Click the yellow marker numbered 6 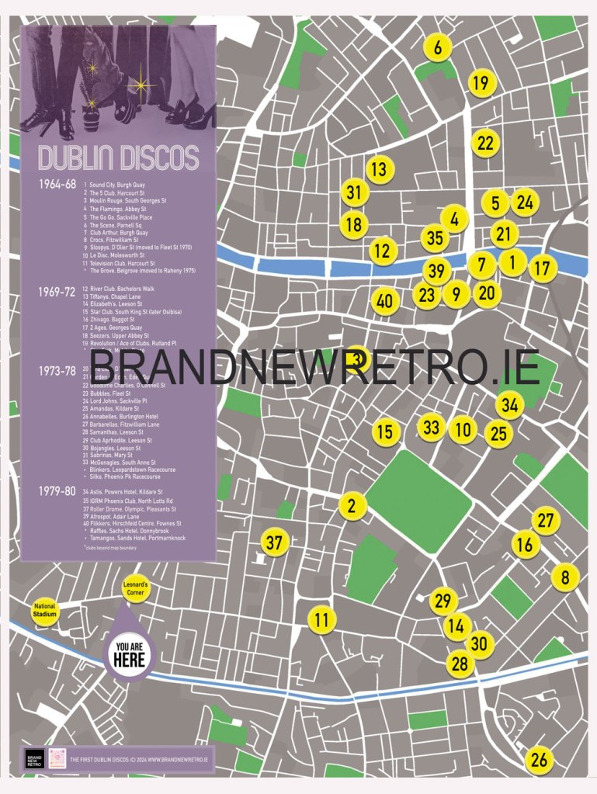click(x=438, y=47)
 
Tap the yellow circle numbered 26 click(x=538, y=760)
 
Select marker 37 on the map click(x=274, y=543)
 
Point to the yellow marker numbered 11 click(x=321, y=619)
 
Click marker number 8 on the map click(x=565, y=577)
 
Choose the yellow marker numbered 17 click(x=543, y=269)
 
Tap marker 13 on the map click(x=379, y=168)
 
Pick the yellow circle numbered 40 click(x=384, y=301)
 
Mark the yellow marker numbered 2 click(x=352, y=506)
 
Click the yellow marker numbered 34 click(x=509, y=404)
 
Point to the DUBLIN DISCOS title click(x=118, y=157)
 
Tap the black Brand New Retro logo click(x=34, y=759)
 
